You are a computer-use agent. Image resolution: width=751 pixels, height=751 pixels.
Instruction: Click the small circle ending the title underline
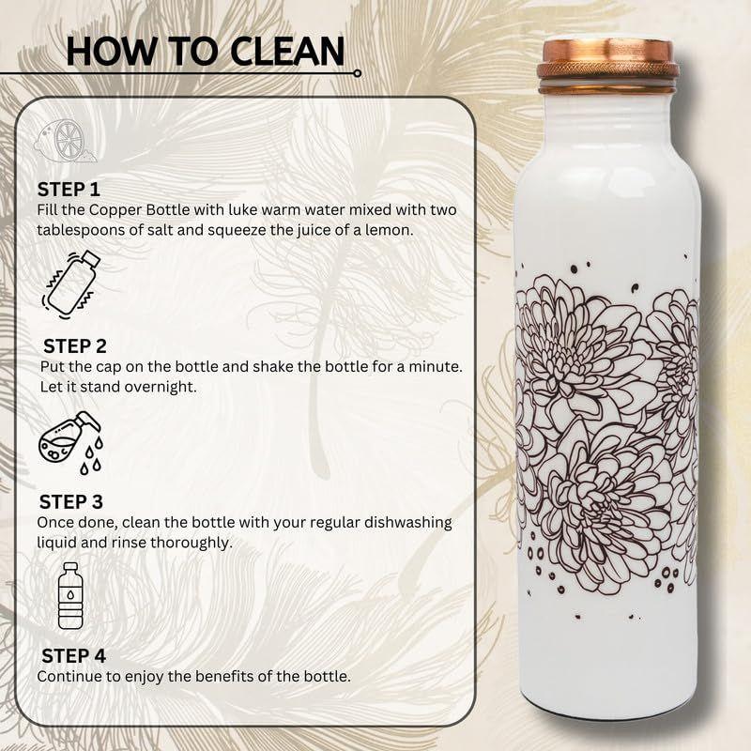357,72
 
